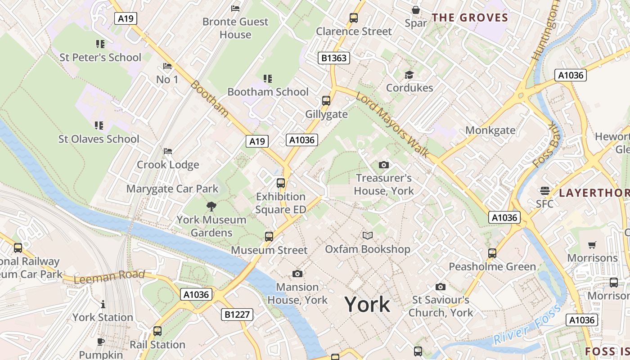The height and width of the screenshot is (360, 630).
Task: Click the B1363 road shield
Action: click(334, 58)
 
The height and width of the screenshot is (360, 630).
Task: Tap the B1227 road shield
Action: click(237, 314)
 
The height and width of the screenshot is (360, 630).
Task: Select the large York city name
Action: click(367, 305)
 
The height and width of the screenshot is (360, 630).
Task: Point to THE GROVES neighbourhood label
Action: click(470, 18)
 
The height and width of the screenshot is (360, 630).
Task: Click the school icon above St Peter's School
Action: click(100, 44)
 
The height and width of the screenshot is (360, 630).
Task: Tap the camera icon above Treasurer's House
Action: click(383, 165)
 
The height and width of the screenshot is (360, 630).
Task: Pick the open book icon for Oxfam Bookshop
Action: click(368, 235)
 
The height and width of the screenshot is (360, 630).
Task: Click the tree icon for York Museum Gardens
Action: click(211, 207)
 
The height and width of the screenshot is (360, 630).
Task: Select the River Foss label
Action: click(527, 325)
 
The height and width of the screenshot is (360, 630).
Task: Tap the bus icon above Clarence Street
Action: click(354, 18)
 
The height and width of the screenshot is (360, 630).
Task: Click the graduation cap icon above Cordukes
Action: click(409, 75)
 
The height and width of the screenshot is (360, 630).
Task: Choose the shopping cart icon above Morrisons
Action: click(592, 245)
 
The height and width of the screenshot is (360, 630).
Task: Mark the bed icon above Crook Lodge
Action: click(168, 151)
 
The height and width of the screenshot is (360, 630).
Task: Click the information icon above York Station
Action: click(103, 304)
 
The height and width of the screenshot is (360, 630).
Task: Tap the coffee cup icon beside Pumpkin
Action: click(101, 342)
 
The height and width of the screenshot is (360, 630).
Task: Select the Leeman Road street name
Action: click(109, 276)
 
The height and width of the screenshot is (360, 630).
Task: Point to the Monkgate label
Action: click(490, 130)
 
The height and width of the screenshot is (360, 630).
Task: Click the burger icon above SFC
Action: click(545, 191)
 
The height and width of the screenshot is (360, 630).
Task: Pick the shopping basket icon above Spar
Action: click(416, 10)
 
